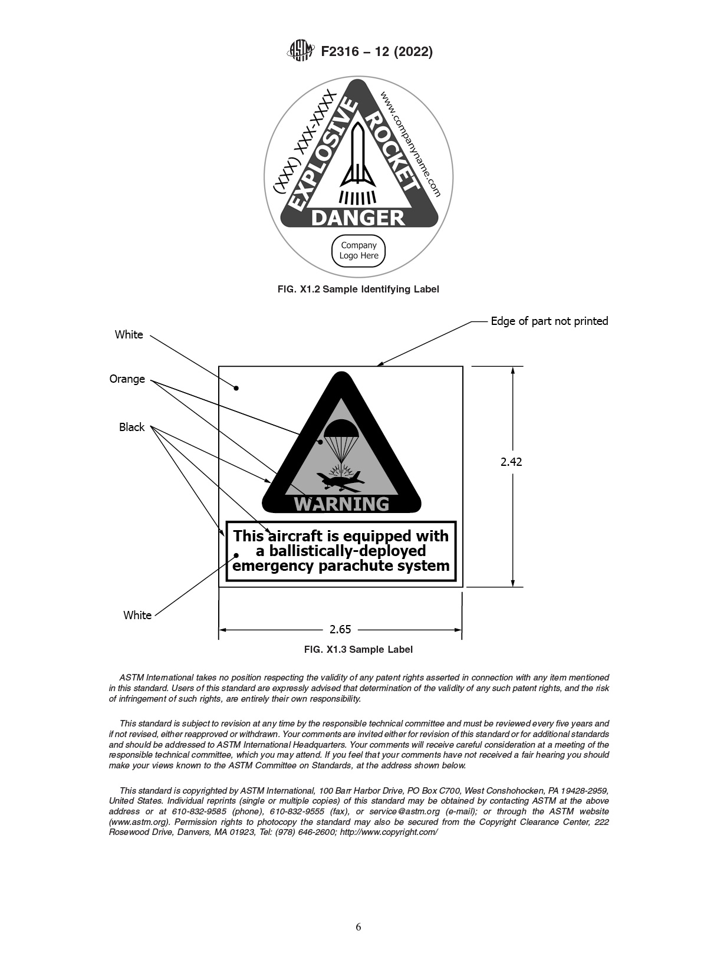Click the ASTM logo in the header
pos(301,51)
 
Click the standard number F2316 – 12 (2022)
pos(377,52)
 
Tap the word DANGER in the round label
pos(357,218)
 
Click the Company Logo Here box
pos(358,251)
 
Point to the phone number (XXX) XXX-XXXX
pos(305,142)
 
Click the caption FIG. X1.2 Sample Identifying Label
pos(358,289)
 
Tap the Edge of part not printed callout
pos(549,321)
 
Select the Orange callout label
pos(127,379)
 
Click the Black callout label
pos(131,427)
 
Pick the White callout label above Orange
pos(129,334)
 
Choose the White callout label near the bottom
pos(137,615)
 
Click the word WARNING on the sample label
pos(341,504)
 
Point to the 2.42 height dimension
pos(511,462)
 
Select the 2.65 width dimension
pos(340,629)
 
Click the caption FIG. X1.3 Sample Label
pos(358,649)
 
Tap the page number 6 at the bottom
pos(358,926)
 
